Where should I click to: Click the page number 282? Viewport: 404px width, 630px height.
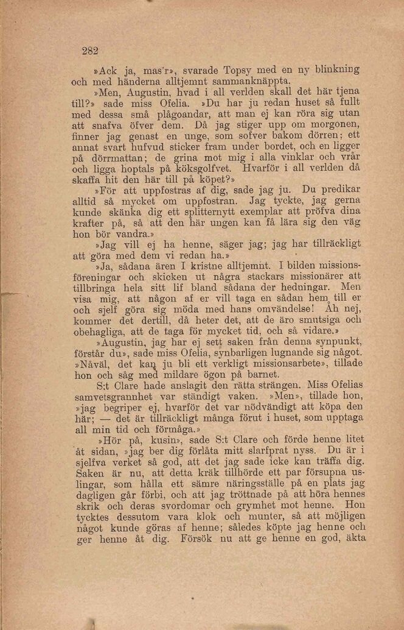click(90, 51)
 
